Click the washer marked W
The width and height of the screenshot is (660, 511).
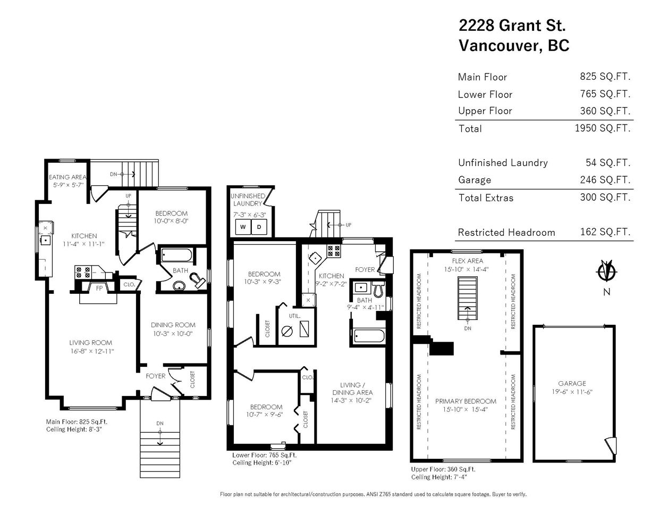tap(243, 227)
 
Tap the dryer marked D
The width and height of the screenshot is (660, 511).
tap(259, 227)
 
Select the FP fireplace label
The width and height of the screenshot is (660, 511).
tap(99, 288)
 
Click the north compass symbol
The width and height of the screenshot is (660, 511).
tap(607, 270)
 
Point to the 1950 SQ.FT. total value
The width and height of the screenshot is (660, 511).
tap(603, 128)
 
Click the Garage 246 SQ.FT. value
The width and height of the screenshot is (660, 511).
tap(605, 180)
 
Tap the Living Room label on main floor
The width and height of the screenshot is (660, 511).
tap(90, 342)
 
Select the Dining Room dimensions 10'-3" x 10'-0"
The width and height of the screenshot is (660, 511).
tap(173, 333)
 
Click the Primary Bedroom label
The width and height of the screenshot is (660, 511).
tap(466, 401)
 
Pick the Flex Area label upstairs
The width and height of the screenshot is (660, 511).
tap(468, 261)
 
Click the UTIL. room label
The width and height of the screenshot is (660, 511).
tap(294, 316)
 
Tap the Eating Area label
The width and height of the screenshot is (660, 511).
tap(67, 177)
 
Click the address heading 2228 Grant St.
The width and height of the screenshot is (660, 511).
tap(512, 25)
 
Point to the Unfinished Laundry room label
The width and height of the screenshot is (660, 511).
tap(248, 200)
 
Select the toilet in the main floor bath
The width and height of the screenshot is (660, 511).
tap(197, 280)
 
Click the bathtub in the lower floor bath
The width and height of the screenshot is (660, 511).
tap(369, 336)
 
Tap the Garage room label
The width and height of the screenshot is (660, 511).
tap(572, 384)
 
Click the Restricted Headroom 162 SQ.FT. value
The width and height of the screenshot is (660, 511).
tap(605, 232)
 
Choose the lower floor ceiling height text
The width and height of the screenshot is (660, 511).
tap(262, 463)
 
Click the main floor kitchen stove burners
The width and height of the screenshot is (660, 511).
tap(83, 272)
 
